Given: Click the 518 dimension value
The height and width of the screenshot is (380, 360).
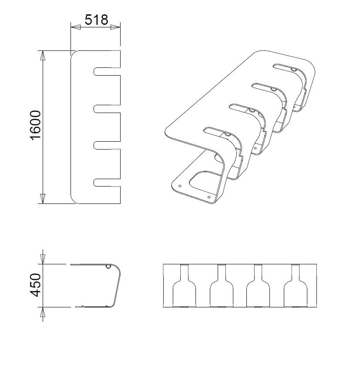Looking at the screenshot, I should click(96, 20).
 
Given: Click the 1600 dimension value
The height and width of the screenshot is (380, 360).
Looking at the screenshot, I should click(36, 125).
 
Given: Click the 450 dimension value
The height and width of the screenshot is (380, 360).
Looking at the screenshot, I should click(36, 285).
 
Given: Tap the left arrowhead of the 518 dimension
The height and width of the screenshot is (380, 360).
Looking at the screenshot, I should click(76, 27).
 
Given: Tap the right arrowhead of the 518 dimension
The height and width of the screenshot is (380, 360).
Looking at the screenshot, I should click(115, 27).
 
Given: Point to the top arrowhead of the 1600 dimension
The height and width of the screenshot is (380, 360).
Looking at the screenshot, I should click(42, 56).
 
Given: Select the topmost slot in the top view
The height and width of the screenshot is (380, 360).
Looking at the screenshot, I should click(106, 71).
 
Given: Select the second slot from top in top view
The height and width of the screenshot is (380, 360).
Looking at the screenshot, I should click(106, 108).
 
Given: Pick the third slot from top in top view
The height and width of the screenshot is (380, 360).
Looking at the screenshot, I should click(106, 145).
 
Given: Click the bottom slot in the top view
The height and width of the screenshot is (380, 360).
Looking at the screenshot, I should click(106, 183).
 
